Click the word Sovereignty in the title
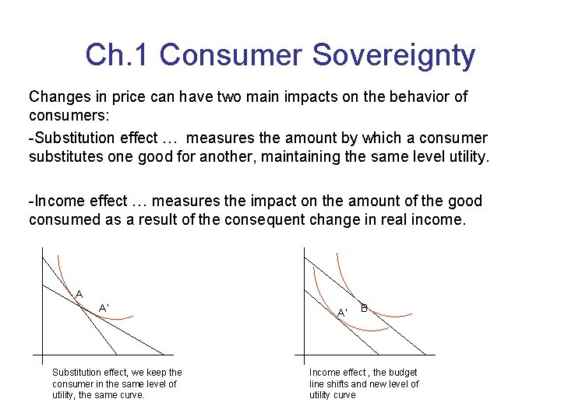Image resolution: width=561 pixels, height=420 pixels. click(x=393, y=55)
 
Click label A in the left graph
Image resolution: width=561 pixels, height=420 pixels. click(x=79, y=294)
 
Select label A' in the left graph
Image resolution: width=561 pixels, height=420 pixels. click(x=104, y=308)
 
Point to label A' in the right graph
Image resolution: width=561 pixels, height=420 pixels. click(x=341, y=313)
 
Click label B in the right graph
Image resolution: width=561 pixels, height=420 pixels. click(x=364, y=307)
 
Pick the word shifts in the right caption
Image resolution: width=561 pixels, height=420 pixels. click(x=341, y=384)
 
